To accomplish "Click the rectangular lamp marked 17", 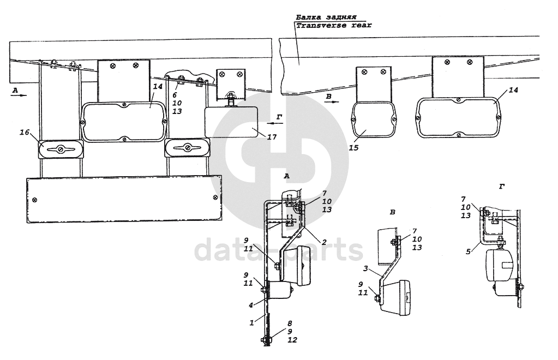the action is tap(230, 122).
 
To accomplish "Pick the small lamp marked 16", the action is tap(60, 149).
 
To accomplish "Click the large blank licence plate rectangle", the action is tap(124, 200).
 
